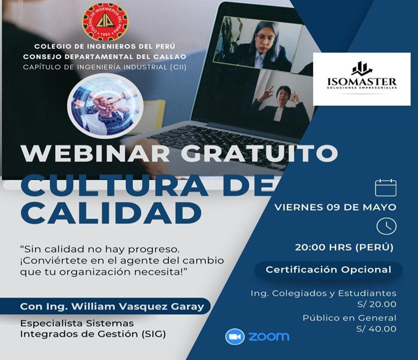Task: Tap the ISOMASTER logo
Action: click(x=362, y=79)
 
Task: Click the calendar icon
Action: click(x=385, y=188)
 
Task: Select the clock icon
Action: click(x=386, y=226)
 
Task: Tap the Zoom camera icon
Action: click(x=234, y=337)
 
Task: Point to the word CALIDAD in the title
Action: click(x=111, y=213)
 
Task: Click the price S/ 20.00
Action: click(x=377, y=304)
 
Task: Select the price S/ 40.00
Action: click(x=377, y=329)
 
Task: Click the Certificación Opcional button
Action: click(x=329, y=270)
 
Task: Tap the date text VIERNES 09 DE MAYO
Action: click(x=335, y=207)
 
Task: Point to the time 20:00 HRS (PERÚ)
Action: click(x=344, y=248)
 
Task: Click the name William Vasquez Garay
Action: click(x=137, y=307)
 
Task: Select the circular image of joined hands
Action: click(x=105, y=106)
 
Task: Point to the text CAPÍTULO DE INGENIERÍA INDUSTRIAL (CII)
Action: click(x=105, y=67)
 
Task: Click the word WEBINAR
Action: click(x=95, y=153)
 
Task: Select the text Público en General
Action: click(x=350, y=318)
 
